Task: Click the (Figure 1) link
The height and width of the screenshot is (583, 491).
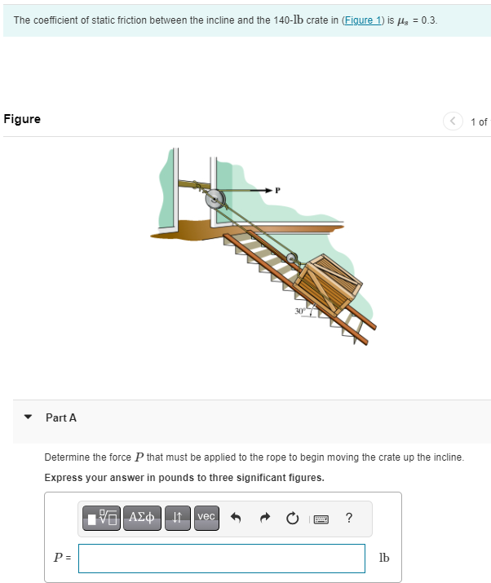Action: (362, 20)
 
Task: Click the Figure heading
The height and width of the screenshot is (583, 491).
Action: (22, 119)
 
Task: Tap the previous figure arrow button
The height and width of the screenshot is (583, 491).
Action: (453, 121)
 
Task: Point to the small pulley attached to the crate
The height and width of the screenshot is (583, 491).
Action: (292, 259)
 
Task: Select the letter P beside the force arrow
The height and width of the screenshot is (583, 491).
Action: (277, 191)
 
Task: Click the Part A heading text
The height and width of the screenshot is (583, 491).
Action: (61, 417)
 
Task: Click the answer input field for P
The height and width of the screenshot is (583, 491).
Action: (222, 559)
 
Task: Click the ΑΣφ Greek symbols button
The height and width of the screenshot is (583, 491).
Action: (144, 517)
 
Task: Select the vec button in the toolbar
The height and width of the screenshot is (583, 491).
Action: (206, 517)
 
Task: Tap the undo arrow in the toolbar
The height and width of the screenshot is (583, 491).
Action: (237, 517)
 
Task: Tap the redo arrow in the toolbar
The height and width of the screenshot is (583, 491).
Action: (265, 517)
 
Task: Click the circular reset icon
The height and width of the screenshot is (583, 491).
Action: (293, 517)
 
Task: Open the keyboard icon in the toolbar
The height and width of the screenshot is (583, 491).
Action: (321, 517)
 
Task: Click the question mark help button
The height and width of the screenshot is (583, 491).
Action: (349, 517)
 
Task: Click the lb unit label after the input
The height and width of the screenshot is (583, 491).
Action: (384, 559)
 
